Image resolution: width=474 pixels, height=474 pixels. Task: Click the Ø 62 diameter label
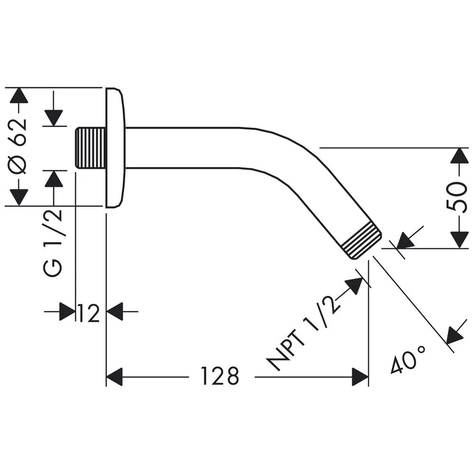click(19, 147)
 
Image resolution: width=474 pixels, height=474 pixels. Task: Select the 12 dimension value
click(89, 313)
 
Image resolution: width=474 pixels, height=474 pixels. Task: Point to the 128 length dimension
click(219, 377)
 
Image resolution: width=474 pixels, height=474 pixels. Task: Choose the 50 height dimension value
click(457, 196)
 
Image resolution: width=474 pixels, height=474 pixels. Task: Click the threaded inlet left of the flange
click(91, 147)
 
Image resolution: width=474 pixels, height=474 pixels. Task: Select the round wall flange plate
click(115, 147)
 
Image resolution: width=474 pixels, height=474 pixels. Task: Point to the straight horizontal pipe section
click(190, 147)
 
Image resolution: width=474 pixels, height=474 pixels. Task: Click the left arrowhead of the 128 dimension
click(114, 377)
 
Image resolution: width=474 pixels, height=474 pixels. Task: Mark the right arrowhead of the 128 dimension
click(360, 377)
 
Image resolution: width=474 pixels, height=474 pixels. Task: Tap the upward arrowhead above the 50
click(458, 156)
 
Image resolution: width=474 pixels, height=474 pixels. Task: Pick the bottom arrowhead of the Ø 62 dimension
click(19, 197)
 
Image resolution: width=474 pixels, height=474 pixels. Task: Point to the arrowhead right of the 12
click(115, 312)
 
